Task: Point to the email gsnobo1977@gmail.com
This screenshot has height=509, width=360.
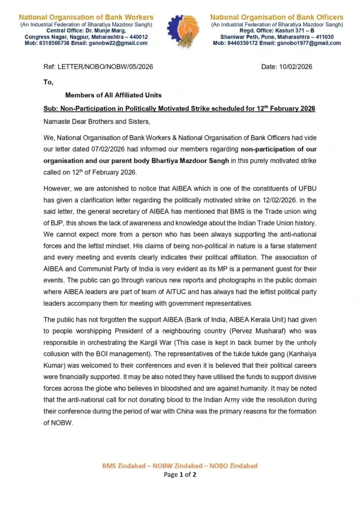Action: click(310, 43)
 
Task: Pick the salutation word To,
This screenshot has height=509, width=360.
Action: click(48, 82)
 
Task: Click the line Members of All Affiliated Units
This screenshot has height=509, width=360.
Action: click(113, 95)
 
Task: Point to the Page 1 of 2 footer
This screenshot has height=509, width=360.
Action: click(180, 475)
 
